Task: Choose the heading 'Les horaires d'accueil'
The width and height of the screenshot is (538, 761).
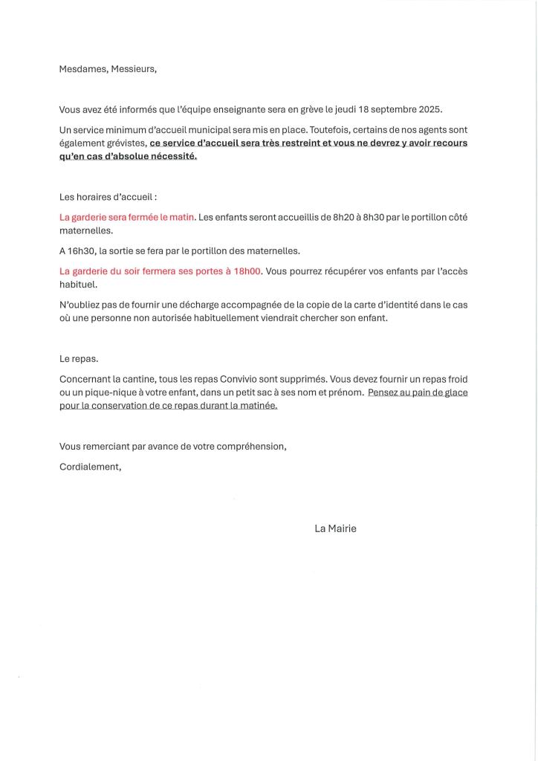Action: [108, 197]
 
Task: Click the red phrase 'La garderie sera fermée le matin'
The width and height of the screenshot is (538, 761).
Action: [127, 217]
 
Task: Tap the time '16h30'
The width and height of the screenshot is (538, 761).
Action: [82, 251]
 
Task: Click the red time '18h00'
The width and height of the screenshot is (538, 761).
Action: [247, 271]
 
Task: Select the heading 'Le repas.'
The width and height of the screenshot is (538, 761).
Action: [79, 358]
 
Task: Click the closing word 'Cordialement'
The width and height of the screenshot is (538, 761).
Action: [89, 467]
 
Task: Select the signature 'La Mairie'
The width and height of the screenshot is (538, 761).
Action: [335, 528]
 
